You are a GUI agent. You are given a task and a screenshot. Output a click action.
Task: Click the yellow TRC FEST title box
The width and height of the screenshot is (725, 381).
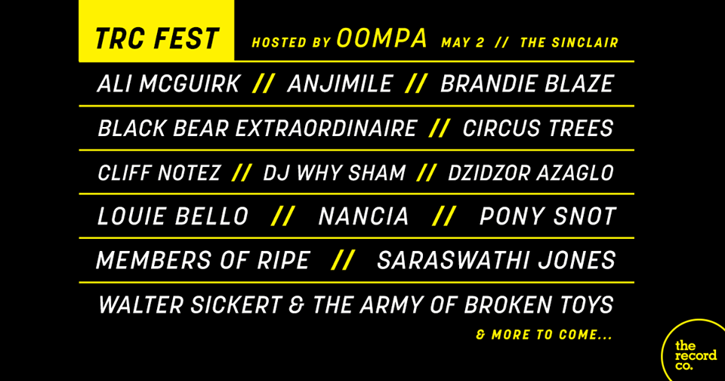click(x=156, y=30)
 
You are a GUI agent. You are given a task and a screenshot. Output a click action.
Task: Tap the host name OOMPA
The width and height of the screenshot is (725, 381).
click(x=381, y=38)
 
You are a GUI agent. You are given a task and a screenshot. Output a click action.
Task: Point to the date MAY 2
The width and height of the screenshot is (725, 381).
click(x=462, y=42)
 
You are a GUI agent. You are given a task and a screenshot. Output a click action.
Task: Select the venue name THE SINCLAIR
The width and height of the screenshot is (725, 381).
click(x=569, y=42)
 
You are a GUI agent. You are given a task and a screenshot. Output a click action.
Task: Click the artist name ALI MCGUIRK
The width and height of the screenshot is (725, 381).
click(x=168, y=84)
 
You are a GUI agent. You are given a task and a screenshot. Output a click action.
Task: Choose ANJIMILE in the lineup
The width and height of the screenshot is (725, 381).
click(x=340, y=84)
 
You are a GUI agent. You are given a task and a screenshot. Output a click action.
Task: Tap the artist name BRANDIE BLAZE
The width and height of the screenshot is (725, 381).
click(x=526, y=84)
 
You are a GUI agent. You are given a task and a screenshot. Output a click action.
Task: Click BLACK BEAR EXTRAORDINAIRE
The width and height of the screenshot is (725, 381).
click(x=257, y=128)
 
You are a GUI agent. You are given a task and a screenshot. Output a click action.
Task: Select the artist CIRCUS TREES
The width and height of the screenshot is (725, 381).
click(x=538, y=128)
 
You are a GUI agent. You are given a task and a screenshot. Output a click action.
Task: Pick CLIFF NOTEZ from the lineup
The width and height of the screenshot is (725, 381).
click(x=159, y=172)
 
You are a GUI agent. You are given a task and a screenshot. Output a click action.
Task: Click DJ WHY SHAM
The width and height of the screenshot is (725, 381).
click(x=335, y=172)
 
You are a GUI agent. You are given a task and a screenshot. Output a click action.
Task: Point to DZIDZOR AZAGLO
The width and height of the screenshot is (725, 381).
click(x=530, y=172)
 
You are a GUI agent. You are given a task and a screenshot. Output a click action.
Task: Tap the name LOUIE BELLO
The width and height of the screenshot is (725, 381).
click(x=173, y=216)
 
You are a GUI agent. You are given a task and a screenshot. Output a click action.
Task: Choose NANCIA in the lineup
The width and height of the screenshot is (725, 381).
click(x=363, y=216)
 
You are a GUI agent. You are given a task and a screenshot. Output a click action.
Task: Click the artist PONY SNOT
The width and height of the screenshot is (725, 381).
click(x=548, y=216)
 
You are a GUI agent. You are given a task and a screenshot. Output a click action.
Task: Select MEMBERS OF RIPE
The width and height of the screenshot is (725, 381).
click(x=203, y=260)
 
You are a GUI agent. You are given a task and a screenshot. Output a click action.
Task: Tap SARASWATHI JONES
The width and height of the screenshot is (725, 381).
click(x=496, y=260)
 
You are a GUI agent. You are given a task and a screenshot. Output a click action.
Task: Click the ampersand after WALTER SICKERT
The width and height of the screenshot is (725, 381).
click(x=296, y=305)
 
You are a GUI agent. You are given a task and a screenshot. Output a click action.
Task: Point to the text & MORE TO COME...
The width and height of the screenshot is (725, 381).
click(x=545, y=335)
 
